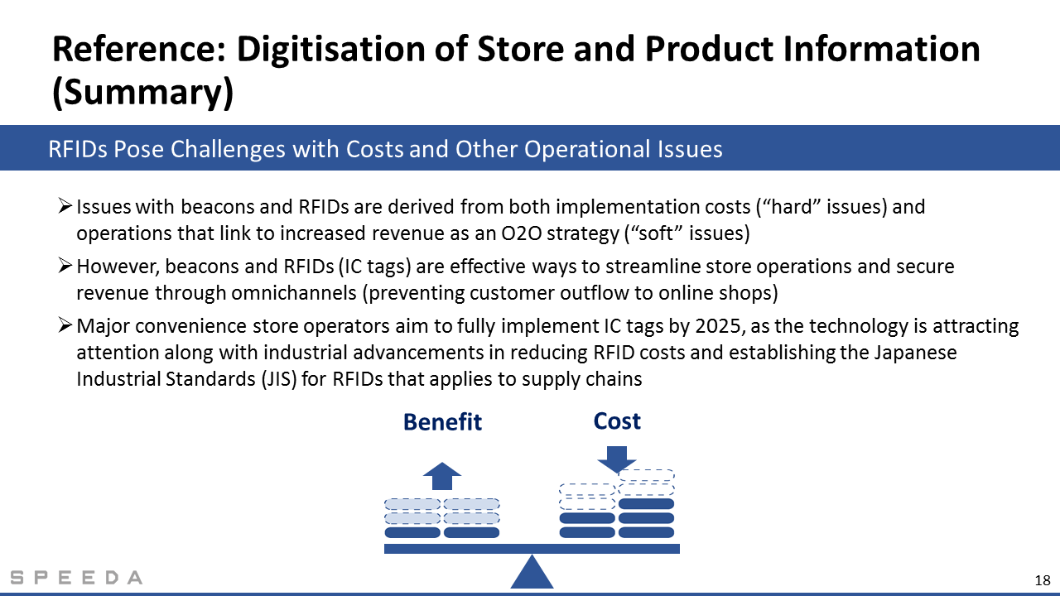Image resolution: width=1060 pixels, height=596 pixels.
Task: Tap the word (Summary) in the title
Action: pyautogui.click(x=143, y=92)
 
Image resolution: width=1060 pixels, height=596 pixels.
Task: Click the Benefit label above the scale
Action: pyautogui.click(x=442, y=422)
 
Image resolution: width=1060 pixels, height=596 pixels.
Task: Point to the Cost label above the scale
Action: pyautogui.click(x=617, y=421)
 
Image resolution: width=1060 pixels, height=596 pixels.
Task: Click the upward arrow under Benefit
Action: pyautogui.click(x=442, y=476)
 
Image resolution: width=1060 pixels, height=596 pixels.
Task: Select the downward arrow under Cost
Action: pyautogui.click(x=617, y=459)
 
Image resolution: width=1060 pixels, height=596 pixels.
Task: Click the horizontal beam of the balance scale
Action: pyautogui.click(x=532, y=549)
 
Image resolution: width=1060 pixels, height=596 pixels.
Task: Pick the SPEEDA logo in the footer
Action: pyautogui.click(x=76, y=578)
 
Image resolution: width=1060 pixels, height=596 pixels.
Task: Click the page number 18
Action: pyautogui.click(x=1043, y=580)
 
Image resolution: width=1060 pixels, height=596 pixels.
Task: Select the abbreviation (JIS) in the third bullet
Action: pyautogui.click(x=279, y=379)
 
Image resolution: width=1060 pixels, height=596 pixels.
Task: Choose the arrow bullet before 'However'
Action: pyautogui.click(x=65, y=266)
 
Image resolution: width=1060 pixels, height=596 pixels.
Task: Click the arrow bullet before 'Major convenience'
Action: pyautogui.click(x=65, y=325)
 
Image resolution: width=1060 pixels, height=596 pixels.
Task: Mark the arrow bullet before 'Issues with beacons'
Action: pyautogui.click(x=65, y=206)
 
